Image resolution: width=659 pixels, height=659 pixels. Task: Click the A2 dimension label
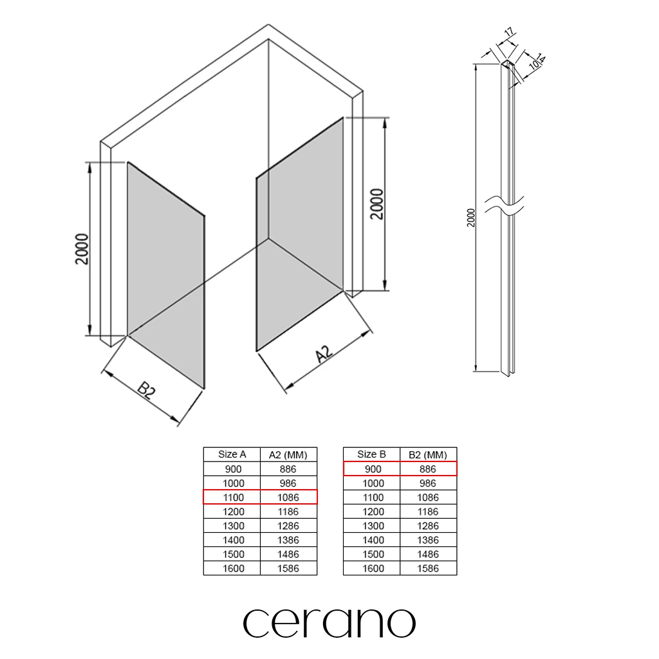(324, 354)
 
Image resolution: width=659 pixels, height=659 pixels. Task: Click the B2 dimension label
(147, 391)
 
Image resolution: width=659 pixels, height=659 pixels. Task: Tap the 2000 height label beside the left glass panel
(82, 249)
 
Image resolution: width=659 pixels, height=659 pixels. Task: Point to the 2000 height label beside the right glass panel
(377, 204)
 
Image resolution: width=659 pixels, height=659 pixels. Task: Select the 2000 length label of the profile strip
(470, 218)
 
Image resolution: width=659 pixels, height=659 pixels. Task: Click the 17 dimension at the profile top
(508, 32)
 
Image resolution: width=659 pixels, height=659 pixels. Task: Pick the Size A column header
(232, 454)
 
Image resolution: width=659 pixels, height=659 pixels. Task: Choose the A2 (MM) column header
(288, 455)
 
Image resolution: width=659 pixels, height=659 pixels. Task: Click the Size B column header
(371, 454)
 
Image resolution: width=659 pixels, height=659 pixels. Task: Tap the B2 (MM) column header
(428, 455)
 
